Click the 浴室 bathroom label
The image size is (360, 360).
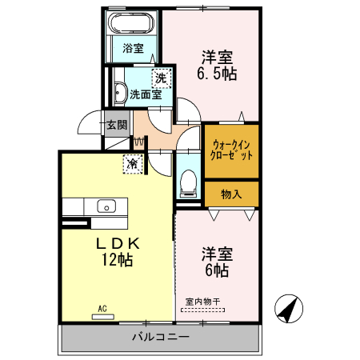click(134, 48)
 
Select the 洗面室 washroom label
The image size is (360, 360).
click(146, 94)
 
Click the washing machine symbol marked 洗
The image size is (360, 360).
click(162, 78)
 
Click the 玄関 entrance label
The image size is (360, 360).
click(116, 125)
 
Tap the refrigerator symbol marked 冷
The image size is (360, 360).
click(130, 164)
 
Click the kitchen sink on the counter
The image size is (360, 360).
click(106, 206)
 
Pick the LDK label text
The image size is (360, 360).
click(119, 242)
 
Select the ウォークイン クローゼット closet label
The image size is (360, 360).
click(231, 150)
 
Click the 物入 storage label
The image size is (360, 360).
click(231, 194)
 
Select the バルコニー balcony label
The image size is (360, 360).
click(161, 338)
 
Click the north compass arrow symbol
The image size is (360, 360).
click(288, 309)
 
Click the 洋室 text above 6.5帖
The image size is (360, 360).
click(217, 57)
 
